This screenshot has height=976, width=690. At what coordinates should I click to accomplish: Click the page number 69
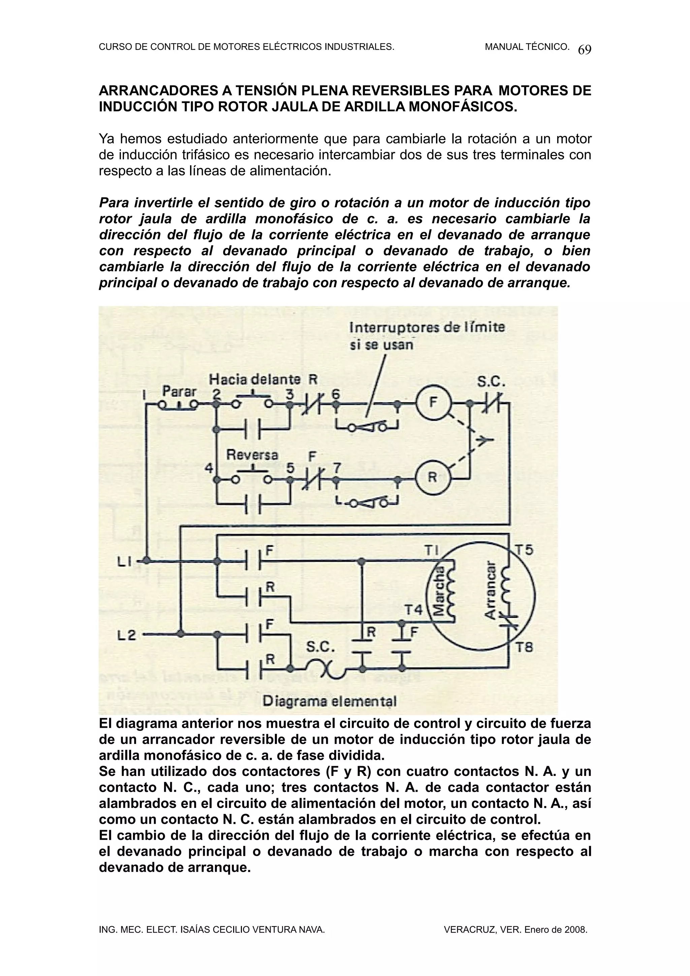tap(585, 50)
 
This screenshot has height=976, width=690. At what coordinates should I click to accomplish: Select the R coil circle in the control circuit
tap(432, 477)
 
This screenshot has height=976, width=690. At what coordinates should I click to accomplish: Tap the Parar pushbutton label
tap(180, 391)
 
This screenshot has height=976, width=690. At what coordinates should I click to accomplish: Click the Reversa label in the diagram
tap(252, 455)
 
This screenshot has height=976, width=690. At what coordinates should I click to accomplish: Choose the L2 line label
tap(127, 636)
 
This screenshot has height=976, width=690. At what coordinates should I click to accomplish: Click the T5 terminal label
tap(524, 550)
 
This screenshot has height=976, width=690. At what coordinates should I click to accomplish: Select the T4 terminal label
tap(413, 610)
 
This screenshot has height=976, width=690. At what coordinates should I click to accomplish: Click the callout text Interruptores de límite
tap(427, 327)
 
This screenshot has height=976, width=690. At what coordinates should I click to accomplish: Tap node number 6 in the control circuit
tap(336, 394)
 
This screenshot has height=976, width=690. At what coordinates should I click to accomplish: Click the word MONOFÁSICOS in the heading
tap(463, 107)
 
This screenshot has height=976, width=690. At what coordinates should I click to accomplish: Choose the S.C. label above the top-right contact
tap(491, 383)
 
